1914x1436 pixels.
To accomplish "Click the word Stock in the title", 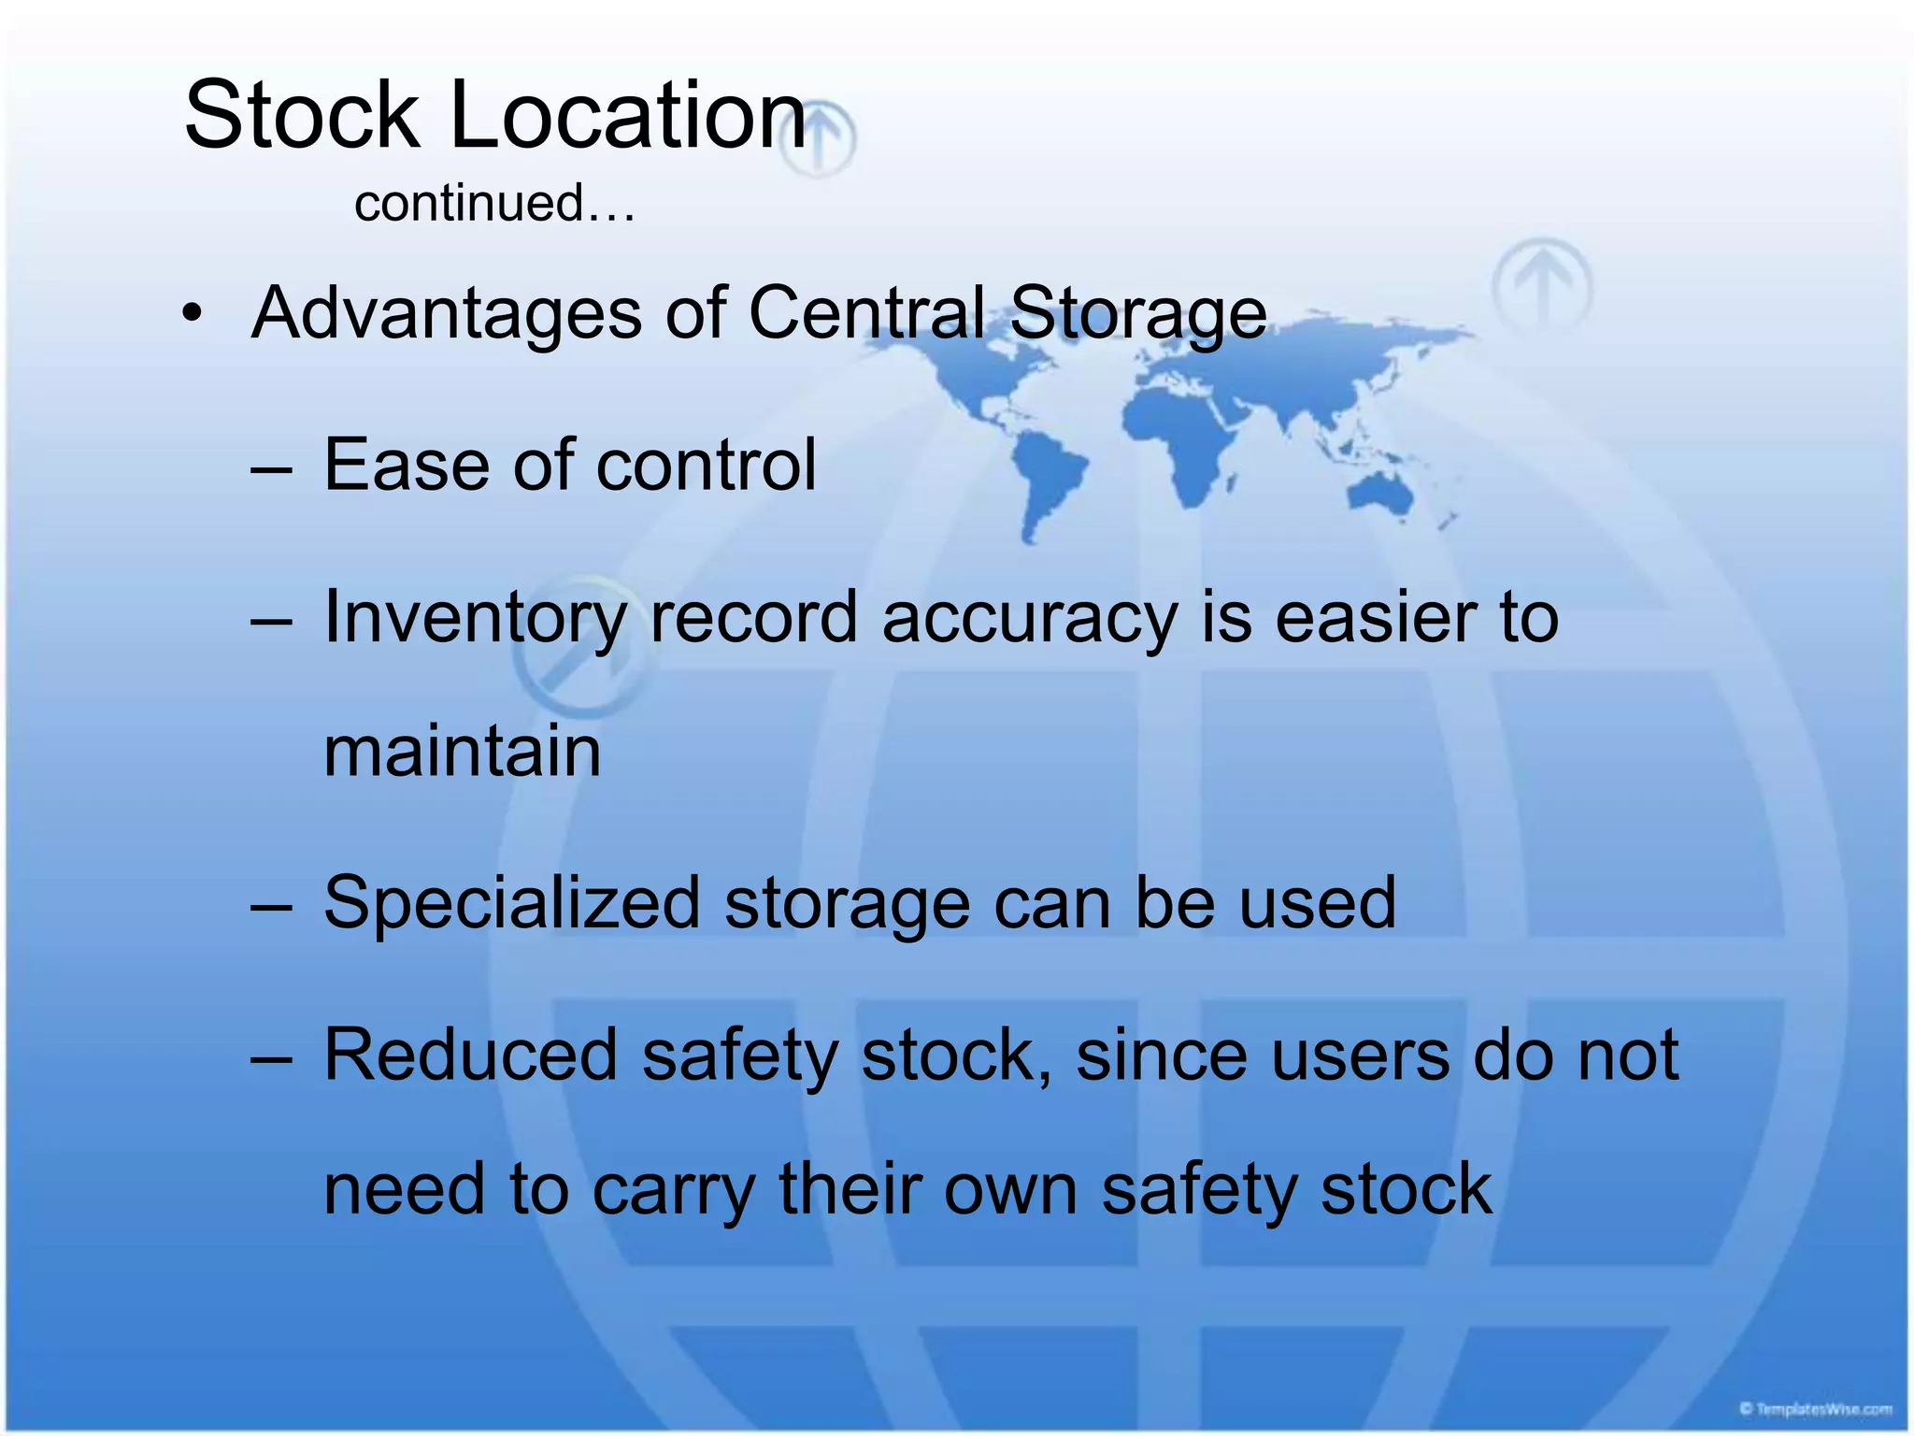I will tap(301, 115).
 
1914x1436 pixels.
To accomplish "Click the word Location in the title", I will tap(627, 115).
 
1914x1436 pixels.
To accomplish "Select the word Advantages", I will tap(447, 314).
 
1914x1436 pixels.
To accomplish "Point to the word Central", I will tap(866, 312).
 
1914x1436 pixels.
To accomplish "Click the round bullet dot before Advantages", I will tap(192, 312).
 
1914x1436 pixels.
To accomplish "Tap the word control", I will tap(706, 465).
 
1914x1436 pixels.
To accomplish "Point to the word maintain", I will tap(462, 752).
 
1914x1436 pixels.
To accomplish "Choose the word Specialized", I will tap(511, 905).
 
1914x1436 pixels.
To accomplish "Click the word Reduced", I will tap(470, 1055).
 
